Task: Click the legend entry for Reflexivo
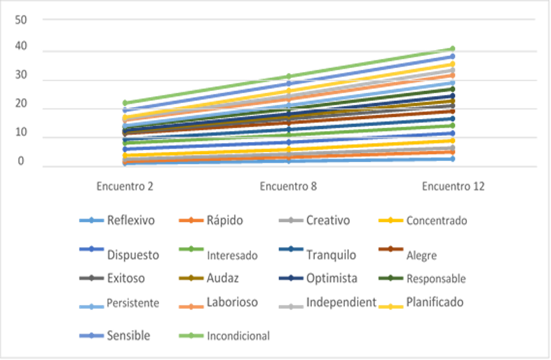131,221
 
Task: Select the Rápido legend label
224,221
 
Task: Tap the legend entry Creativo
329,221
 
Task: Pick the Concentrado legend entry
437,221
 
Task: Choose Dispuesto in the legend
133,254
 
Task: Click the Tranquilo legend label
331,254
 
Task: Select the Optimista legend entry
332,278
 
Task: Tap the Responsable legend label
436,278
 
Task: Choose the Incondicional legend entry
238,335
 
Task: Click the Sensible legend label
129,335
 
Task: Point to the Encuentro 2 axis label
125,186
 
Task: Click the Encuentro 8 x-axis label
289,186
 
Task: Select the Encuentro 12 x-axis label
453,186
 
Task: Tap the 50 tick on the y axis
20,19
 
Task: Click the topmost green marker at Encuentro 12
453,49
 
